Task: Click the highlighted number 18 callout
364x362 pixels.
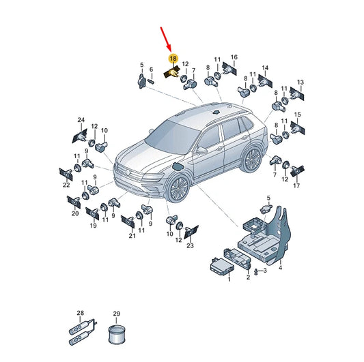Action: click(x=173, y=59)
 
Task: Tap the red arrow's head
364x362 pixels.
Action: click(x=169, y=48)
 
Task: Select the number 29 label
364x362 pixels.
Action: click(x=117, y=314)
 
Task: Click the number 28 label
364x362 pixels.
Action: click(x=81, y=313)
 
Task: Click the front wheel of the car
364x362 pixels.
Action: click(x=178, y=189)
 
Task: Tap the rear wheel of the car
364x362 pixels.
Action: click(x=252, y=160)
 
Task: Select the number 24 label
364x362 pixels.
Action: click(x=81, y=120)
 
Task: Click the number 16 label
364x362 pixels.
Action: click(x=234, y=57)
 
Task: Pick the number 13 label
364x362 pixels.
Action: click(x=300, y=82)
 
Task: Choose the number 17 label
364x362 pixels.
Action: click(x=296, y=185)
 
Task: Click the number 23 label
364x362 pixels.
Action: click(x=190, y=245)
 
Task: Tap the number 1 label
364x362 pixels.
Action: click(x=229, y=279)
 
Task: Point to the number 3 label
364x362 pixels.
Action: click(x=265, y=271)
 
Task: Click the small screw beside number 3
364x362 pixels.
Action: click(x=256, y=271)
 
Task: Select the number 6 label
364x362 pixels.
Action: click(x=152, y=70)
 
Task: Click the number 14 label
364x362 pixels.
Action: click(x=265, y=67)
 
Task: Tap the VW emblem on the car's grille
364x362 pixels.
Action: click(x=128, y=172)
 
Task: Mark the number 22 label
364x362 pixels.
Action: click(x=66, y=185)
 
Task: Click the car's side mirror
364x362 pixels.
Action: click(x=201, y=151)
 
